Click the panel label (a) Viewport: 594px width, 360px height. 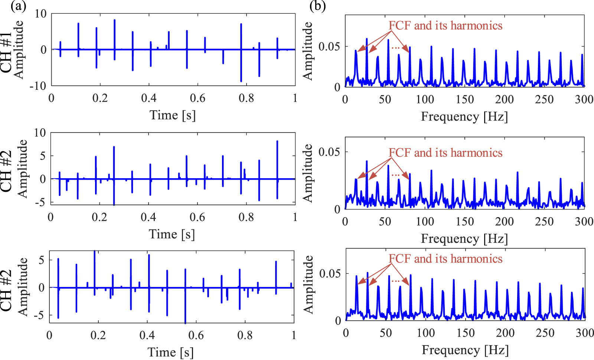18,6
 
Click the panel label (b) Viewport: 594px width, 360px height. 317,6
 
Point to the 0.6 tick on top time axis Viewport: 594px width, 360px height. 198,98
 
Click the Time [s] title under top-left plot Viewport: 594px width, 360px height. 172,115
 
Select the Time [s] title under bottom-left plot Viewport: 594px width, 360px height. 170,352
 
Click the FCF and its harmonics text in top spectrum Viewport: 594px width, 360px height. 445,26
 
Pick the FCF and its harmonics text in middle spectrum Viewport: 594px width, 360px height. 445,153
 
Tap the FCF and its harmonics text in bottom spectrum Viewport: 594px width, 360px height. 445,259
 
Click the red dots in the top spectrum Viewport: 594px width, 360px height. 396,48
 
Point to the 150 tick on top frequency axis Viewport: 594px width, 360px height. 465,99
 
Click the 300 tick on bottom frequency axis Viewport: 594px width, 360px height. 585,333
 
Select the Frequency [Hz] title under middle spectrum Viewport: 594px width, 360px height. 464,239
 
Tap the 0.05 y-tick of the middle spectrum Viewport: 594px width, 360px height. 329,152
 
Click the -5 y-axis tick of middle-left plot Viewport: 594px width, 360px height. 42,202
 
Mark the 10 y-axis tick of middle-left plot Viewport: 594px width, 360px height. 40,133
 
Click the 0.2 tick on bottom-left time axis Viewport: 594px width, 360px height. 98,335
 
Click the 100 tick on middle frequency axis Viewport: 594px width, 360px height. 425,222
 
